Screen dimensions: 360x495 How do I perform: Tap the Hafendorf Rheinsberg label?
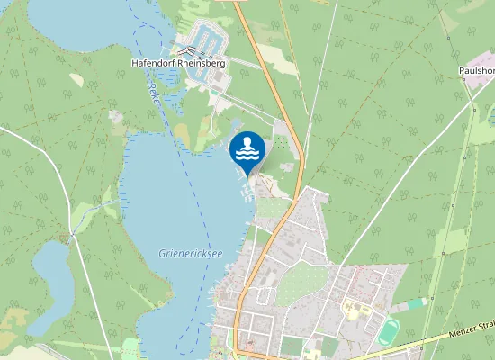(177, 63)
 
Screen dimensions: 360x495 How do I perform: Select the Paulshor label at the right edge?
(476, 68)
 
